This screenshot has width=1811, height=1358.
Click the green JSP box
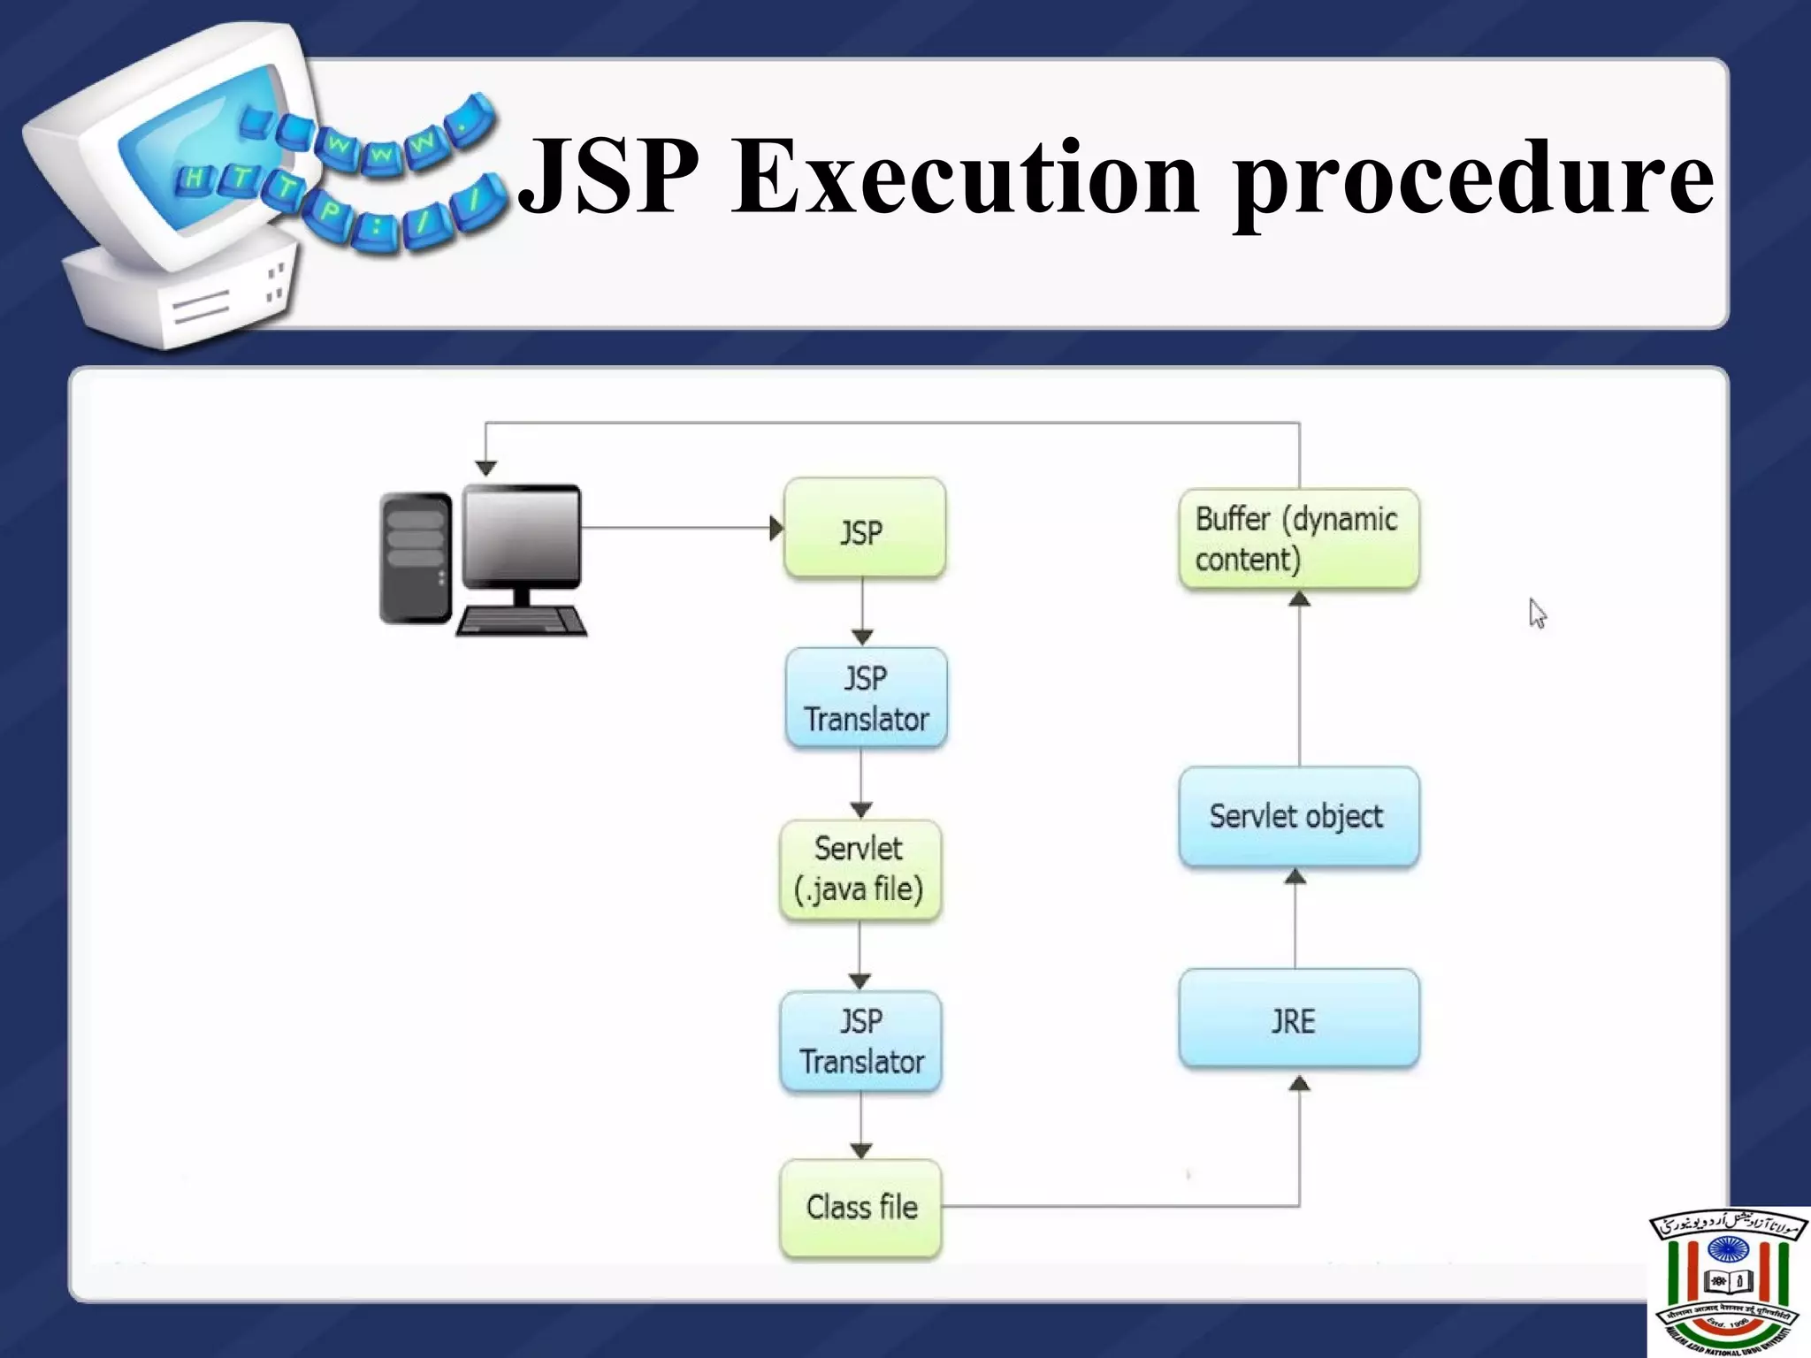864,529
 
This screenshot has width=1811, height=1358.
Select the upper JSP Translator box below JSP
866,698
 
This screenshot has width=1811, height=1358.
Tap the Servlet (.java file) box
860,870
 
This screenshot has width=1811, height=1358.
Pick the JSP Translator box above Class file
860,1041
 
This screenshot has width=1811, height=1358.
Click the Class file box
860,1208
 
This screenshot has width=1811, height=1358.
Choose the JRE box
1298,1019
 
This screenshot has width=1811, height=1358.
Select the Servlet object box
1298,816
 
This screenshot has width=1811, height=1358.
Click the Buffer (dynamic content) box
1298,539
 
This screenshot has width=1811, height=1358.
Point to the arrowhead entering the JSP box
776,529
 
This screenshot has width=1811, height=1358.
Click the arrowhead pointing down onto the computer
485,468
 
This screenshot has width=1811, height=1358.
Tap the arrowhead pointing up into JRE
1298,1084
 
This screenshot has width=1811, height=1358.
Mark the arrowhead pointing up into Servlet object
1295,876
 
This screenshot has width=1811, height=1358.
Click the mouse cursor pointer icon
1537,613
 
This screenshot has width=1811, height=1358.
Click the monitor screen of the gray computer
522,535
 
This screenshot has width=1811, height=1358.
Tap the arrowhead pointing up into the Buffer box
1298,599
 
